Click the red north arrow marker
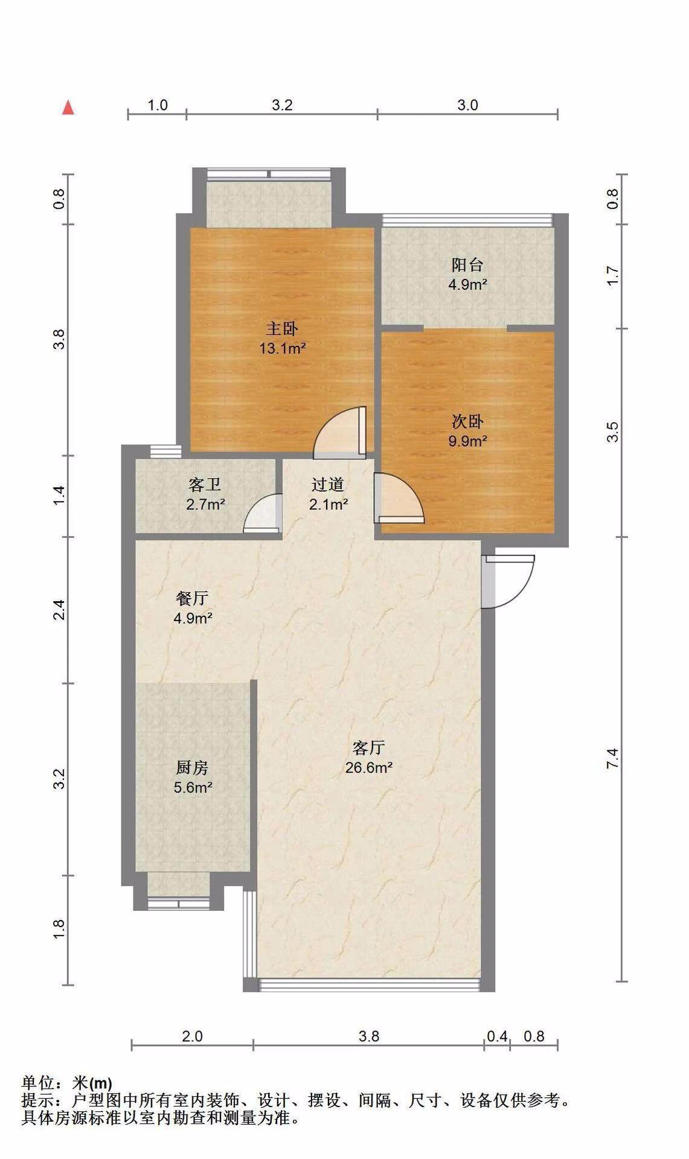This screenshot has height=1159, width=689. tap(69, 108)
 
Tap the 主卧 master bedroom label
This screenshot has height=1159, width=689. tap(282, 329)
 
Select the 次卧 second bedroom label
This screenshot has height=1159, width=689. tap(467, 421)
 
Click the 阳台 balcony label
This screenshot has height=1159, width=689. tap(467, 265)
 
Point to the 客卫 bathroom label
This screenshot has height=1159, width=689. tap(205, 485)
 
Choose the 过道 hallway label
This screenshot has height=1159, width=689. tap(328, 484)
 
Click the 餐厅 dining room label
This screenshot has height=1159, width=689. tap(193, 598)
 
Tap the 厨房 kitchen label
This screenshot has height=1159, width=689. tap(193, 768)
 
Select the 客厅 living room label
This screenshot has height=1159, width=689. tap(369, 748)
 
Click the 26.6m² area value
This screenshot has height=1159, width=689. tap(369, 768)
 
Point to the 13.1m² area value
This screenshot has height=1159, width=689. tap(282, 348)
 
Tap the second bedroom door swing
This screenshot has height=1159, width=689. tap(399, 498)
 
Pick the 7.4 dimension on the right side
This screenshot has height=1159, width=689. tap(613, 759)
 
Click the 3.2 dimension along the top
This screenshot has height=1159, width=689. tap(282, 105)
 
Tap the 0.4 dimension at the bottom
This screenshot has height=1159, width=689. tap(497, 1036)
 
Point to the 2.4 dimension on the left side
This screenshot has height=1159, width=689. tap(59, 610)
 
